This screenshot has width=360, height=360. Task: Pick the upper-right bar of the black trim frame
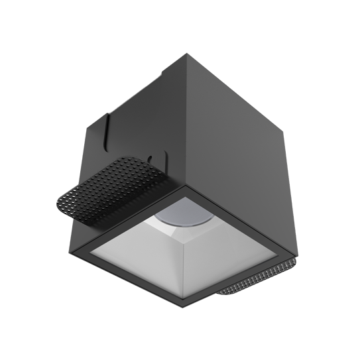(x=242, y=219)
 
